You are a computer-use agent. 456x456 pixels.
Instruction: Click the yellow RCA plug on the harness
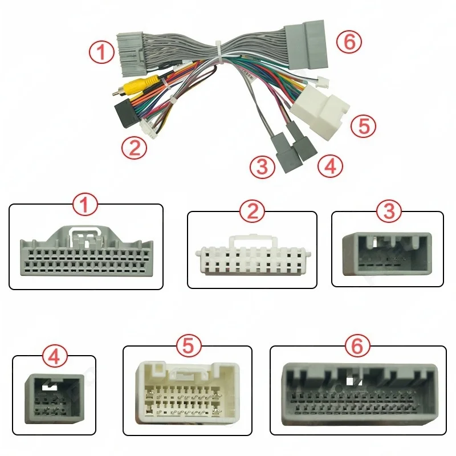[x=137, y=86]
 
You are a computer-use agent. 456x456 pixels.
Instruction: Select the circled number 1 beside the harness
[x=101, y=52]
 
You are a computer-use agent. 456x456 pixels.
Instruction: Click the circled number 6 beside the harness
[x=349, y=42]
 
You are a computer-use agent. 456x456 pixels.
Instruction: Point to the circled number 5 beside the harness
[x=363, y=125]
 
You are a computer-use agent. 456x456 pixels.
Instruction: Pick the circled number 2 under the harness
[x=134, y=148]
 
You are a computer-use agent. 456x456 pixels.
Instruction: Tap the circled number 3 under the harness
[x=262, y=166]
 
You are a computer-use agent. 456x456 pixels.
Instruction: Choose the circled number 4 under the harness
[x=330, y=166]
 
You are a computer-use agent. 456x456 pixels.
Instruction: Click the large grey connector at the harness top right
[x=306, y=44]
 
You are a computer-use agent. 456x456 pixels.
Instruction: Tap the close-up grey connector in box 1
[x=87, y=251]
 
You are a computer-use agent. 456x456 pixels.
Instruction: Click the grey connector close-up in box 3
[x=387, y=254]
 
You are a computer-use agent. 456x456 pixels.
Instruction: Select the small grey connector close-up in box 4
[x=54, y=398]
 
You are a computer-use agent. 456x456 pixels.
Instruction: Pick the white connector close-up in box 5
[x=188, y=391]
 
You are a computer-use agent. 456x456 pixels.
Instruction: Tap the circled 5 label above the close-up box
[x=189, y=346]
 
